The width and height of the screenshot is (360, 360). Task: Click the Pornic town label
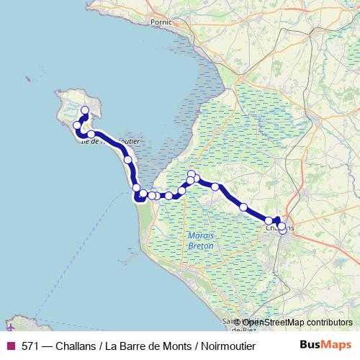161,22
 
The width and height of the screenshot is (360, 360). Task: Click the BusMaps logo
325,345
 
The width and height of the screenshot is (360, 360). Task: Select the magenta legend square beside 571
10,345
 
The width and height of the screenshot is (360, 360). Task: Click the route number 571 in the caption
31,345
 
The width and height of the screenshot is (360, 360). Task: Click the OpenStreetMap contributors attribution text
297,323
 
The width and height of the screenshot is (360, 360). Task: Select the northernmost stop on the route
85,110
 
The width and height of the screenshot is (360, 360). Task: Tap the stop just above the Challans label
269,221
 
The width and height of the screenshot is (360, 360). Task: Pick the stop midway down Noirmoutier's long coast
127,160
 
